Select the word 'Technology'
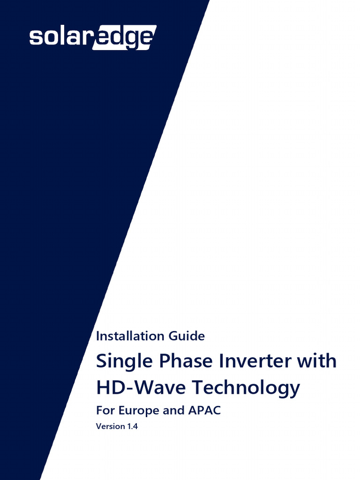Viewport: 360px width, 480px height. coord(247,389)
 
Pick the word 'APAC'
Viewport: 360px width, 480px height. coord(203,411)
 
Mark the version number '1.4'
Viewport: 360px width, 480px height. coord(134,427)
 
